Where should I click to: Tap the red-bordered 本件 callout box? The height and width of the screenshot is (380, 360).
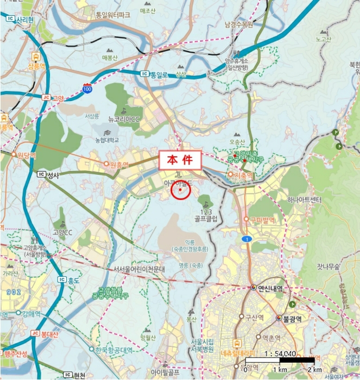180,160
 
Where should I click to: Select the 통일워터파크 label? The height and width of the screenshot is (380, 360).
112,15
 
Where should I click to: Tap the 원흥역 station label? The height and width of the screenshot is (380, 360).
118,164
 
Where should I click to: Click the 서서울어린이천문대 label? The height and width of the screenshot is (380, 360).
139,269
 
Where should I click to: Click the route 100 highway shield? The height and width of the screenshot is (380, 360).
87,88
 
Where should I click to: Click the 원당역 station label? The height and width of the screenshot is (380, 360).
26,155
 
